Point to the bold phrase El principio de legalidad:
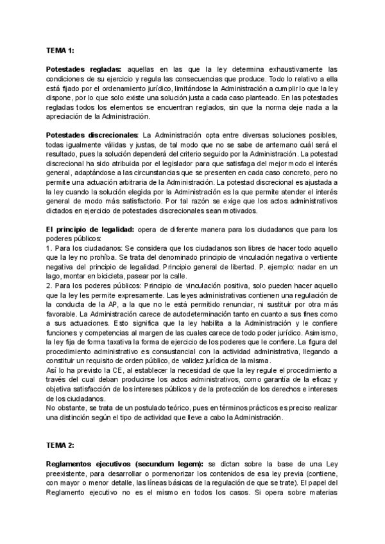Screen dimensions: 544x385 (90, 229)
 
